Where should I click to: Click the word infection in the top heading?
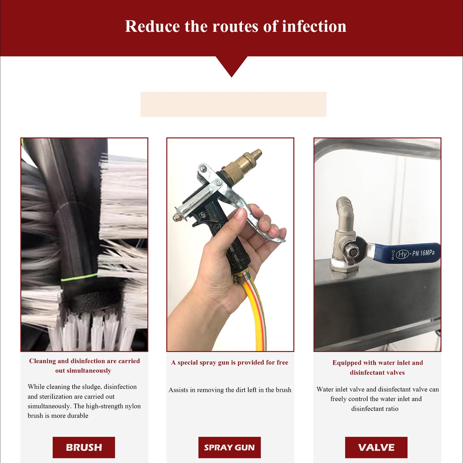[x=314, y=26]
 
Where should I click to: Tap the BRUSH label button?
[x=84, y=447]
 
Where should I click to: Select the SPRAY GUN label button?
[x=229, y=447]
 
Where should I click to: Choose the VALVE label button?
[x=376, y=447]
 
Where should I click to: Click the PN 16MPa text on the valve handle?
[x=423, y=253]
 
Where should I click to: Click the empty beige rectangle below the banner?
[x=233, y=104]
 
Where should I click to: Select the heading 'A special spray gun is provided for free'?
[x=230, y=363]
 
